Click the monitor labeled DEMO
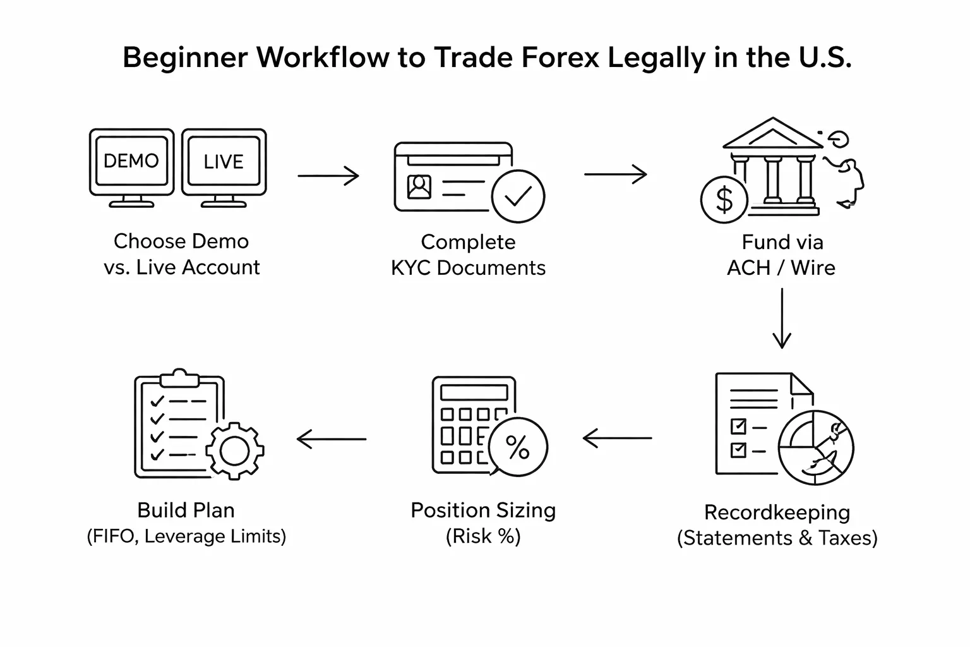click(131, 162)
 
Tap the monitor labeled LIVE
click(224, 162)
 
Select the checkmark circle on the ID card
click(518, 197)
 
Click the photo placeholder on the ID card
click(419, 187)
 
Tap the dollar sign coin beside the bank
click(724, 200)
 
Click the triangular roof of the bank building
click(772, 134)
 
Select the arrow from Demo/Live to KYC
click(328, 175)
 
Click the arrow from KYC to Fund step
click(615, 174)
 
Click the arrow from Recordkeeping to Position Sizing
click(617, 438)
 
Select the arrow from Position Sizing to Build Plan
click(332, 438)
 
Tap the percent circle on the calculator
click(518, 447)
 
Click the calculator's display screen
click(474, 392)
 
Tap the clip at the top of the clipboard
click(180, 378)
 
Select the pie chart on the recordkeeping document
click(816, 447)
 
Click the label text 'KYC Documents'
click(468, 268)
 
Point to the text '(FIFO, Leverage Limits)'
click(186, 536)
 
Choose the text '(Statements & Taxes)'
click(777, 538)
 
